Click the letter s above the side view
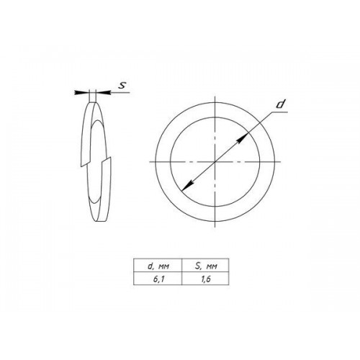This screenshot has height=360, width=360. [x=122, y=86]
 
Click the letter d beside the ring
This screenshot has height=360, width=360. [x=280, y=104]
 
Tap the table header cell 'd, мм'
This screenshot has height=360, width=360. [x=158, y=266]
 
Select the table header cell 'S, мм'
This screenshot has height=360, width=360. [x=206, y=266]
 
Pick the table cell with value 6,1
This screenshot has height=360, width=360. [x=158, y=279]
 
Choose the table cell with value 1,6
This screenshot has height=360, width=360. [x=206, y=279]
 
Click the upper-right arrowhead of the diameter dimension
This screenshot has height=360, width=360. [x=243, y=138]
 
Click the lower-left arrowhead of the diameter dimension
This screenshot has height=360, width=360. [x=187, y=186]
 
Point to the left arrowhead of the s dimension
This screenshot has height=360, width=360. [x=81, y=92]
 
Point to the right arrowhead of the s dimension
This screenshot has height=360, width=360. [x=103, y=92]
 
